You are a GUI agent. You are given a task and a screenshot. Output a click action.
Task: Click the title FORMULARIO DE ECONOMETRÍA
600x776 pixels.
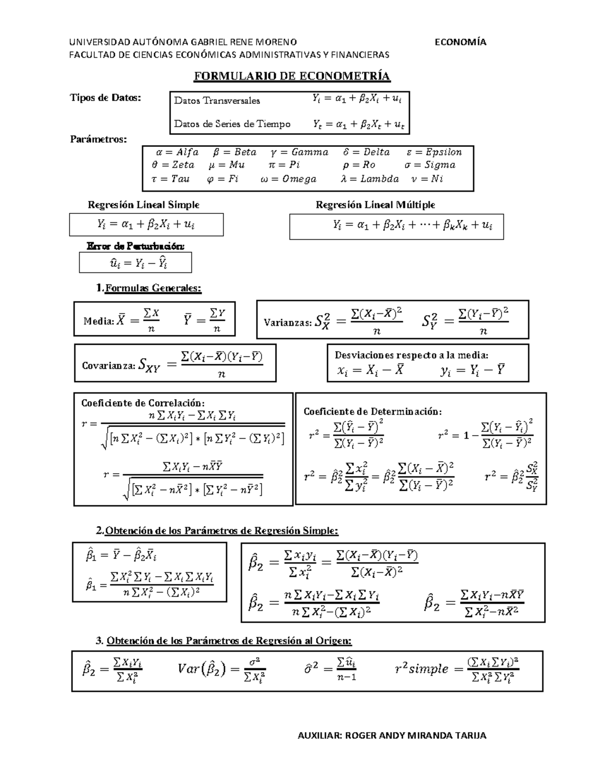point(291,76)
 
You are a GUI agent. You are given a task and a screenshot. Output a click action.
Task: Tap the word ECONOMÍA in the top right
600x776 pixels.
point(460,42)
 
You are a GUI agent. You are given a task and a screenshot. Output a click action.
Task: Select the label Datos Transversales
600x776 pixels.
point(217,100)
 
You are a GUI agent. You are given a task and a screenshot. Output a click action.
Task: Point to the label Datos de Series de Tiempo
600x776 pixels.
point(232,124)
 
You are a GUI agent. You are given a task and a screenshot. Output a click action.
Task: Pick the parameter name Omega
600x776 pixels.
point(299,179)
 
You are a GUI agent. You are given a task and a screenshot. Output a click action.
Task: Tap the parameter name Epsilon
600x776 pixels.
point(443,152)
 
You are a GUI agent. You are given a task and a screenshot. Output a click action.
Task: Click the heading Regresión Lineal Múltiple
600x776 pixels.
point(375,205)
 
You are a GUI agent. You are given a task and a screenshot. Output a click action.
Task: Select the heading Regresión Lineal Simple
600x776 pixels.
point(143,205)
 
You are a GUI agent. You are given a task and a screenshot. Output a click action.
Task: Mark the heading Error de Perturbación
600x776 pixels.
point(135,246)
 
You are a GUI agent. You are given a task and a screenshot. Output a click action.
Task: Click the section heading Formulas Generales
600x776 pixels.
point(153,288)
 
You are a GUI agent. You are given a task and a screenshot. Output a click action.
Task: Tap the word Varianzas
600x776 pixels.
point(287,323)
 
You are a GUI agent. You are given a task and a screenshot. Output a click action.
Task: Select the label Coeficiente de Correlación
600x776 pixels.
point(143,403)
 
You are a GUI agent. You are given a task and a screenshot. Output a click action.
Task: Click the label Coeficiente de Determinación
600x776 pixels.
point(372,412)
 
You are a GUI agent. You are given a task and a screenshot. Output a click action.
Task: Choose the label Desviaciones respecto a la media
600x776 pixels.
point(411,355)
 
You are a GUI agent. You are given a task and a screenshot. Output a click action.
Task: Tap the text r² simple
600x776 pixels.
point(421,669)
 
